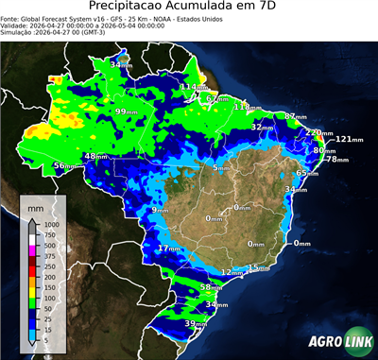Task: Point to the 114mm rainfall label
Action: (x=192, y=87)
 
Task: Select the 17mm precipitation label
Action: (x=169, y=249)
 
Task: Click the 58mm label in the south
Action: (x=211, y=286)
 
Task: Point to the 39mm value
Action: (x=195, y=324)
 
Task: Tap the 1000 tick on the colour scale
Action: (x=49, y=225)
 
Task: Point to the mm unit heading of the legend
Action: (x=36, y=205)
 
